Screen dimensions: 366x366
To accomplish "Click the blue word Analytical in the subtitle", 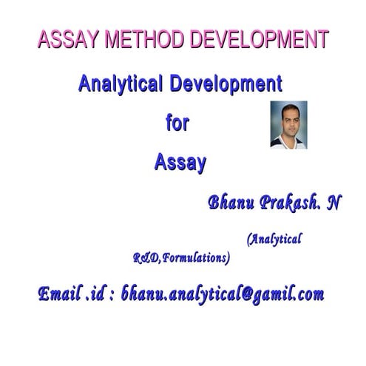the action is (x=121, y=84).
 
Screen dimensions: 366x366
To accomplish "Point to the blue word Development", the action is (x=226, y=84).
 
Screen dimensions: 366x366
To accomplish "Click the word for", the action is (x=177, y=122).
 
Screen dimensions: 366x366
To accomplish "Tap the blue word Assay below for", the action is (x=180, y=163).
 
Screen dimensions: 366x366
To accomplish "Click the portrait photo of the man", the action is (x=288, y=125).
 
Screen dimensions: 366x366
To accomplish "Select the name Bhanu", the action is (x=231, y=203).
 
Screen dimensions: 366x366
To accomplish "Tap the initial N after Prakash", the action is (x=334, y=203).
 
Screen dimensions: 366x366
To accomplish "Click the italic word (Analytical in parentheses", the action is (x=274, y=240).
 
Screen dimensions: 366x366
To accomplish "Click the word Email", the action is (x=61, y=294).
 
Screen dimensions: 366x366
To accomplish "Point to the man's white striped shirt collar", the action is (x=288, y=142).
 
